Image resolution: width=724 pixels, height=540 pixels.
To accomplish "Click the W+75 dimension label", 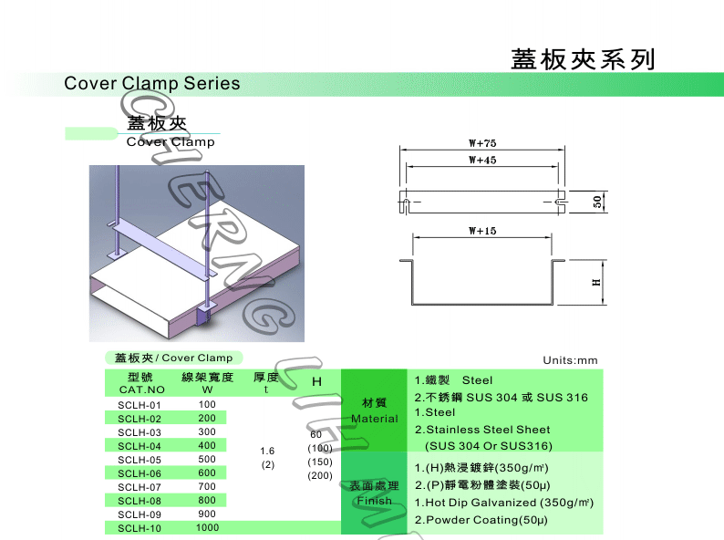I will point(481,144).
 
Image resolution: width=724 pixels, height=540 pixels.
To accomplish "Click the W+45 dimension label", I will point(481,161).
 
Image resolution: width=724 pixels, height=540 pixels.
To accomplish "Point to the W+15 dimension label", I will point(481,232).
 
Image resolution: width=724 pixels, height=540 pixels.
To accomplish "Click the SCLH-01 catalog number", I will point(140,405).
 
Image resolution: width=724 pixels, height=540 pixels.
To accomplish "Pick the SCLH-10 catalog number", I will point(140,528).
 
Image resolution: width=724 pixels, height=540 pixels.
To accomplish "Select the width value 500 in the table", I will point(207,460).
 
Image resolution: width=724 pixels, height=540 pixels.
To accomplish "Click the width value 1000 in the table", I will point(207,528).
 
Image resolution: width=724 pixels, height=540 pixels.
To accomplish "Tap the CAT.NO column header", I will point(141,390).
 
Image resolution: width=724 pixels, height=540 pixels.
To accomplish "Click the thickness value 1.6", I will point(267,451).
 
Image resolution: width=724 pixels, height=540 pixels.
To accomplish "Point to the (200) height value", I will point(319,475).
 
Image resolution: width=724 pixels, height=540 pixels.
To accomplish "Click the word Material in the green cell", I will point(375,419).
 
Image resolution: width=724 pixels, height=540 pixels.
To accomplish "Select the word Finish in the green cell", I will point(375,501).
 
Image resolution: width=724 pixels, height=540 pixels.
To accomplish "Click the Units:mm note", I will point(570,360).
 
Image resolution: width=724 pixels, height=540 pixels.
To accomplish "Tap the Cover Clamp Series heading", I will point(152,84).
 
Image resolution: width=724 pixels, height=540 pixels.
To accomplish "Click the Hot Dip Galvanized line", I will point(504,503).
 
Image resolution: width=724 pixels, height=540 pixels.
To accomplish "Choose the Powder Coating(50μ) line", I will point(481,520).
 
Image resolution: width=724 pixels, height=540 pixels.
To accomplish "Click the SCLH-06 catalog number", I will point(140,473).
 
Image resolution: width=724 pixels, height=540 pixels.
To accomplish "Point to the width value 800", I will point(207,501).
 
